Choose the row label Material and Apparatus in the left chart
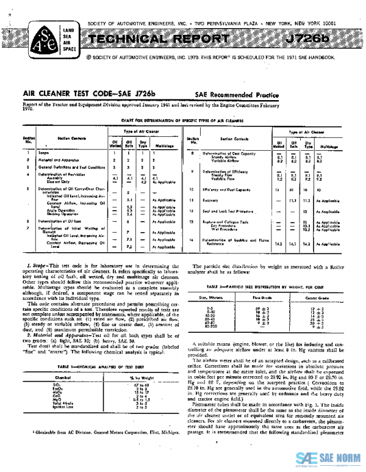click(57, 159)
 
